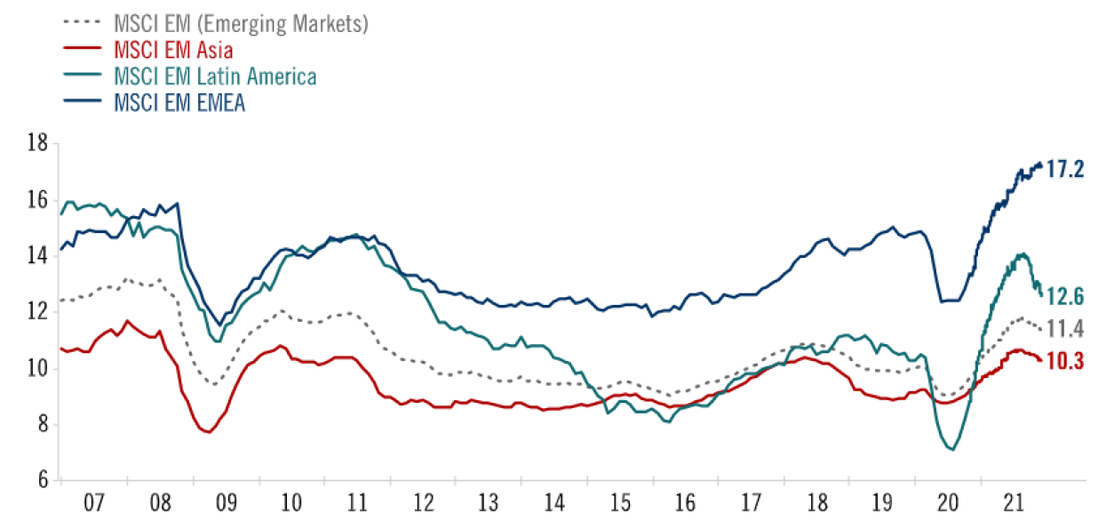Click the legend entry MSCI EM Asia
(x=173, y=50)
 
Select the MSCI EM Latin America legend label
(x=215, y=76)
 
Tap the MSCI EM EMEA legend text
(x=179, y=103)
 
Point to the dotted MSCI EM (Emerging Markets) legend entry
(x=240, y=24)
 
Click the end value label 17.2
(x=1065, y=169)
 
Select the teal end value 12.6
(x=1065, y=296)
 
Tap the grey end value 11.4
(x=1065, y=329)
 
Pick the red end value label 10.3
(x=1065, y=361)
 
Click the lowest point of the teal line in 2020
(x=952, y=449)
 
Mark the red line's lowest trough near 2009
(x=208, y=432)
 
